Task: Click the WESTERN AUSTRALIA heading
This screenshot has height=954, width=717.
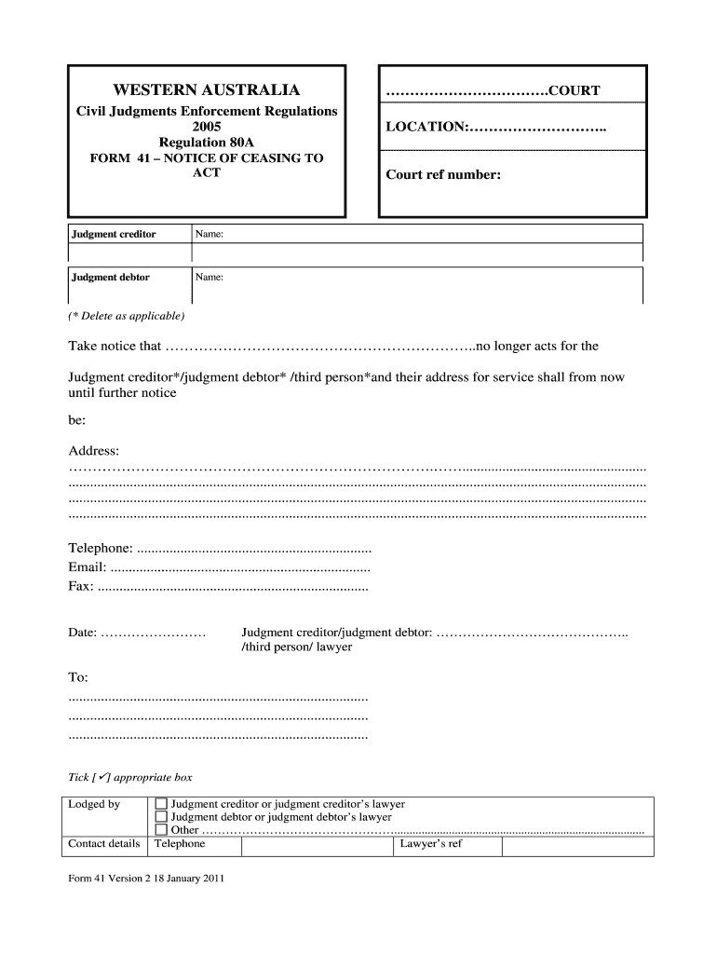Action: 207,90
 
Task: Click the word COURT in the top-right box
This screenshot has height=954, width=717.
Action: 574,90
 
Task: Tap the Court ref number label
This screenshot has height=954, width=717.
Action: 443,173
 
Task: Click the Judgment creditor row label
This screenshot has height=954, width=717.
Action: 114,234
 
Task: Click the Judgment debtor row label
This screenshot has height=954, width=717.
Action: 111,277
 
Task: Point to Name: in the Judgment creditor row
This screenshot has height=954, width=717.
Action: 210,234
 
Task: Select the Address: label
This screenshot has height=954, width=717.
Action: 94,451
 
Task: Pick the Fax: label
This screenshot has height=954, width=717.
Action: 81,587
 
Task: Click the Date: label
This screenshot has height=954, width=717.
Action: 83,633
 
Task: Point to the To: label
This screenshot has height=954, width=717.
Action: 78,677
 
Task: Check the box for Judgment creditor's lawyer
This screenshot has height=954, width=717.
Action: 161,804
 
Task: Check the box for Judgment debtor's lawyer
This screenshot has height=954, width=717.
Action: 161,817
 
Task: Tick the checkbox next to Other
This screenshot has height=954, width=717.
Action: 161,830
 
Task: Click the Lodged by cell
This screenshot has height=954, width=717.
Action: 94,804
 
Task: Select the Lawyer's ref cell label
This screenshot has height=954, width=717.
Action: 431,844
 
